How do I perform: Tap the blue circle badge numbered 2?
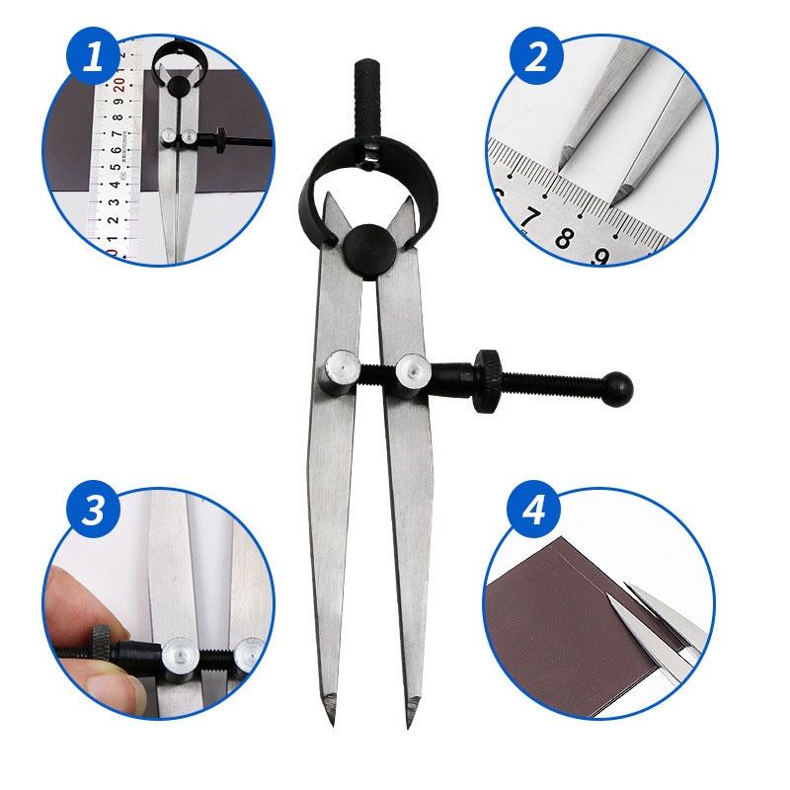coord(535,56)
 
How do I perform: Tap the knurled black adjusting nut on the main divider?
coord(488,380)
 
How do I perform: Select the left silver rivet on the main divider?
coord(339,372)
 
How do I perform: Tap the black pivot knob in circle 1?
coord(179,87)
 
